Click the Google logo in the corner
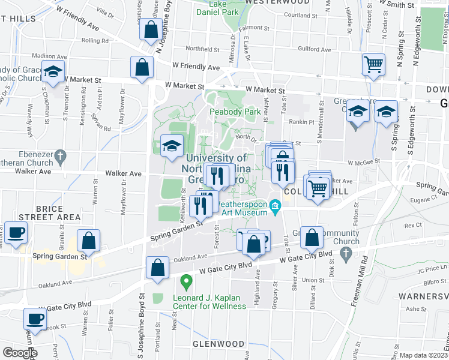point(20,352)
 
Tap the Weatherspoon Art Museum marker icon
point(276,207)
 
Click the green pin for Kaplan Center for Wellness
point(186,280)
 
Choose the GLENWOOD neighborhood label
point(218,344)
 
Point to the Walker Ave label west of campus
point(123,174)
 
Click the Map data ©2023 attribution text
point(424,355)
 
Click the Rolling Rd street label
point(94,41)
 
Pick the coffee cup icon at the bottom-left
point(35,319)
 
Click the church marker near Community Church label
point(345,255)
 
